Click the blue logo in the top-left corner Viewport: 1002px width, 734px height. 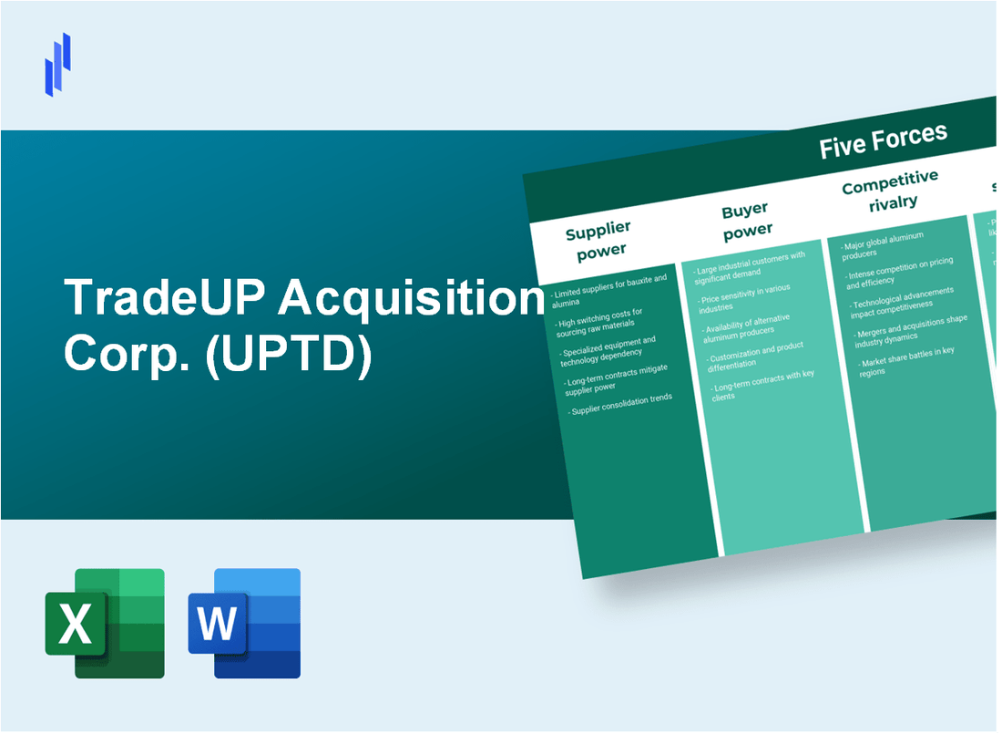[57, 64]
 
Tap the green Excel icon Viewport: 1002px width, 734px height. [105, 623]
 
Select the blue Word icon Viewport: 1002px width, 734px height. [244, 623]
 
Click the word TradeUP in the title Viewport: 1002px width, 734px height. [164, 298]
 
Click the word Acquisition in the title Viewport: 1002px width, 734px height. [409, 298]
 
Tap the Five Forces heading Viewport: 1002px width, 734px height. [883, 141]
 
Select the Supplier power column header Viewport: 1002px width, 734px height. [598, 240]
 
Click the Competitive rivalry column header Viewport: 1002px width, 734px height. [891, 190]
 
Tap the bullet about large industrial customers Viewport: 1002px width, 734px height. [751, 264]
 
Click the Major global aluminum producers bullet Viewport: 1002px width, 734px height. [884, 244]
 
